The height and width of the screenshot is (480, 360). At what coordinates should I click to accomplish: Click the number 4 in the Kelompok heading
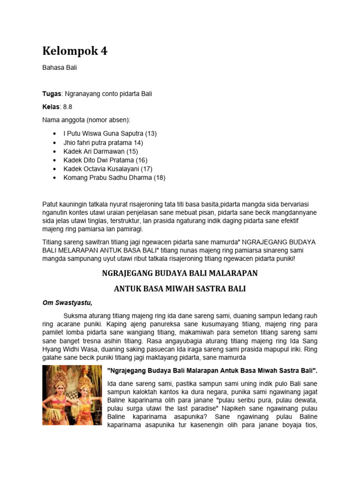pyautogui.click(x=103, y=51)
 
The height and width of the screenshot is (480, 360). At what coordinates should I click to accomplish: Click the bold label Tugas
pyautogui.click(x=52, y=94)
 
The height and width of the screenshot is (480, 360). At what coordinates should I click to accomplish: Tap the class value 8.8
pyautogui.click(x=68, y=107)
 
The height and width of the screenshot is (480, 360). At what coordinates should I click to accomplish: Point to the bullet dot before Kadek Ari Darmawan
pyautogui.click(x=55, y=151)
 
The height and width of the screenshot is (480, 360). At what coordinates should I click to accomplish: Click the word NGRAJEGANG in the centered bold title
pyautogui.click(x=127, y=273)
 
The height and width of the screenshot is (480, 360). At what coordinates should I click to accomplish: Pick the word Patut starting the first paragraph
pyautogui.click(x=51, y=204)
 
